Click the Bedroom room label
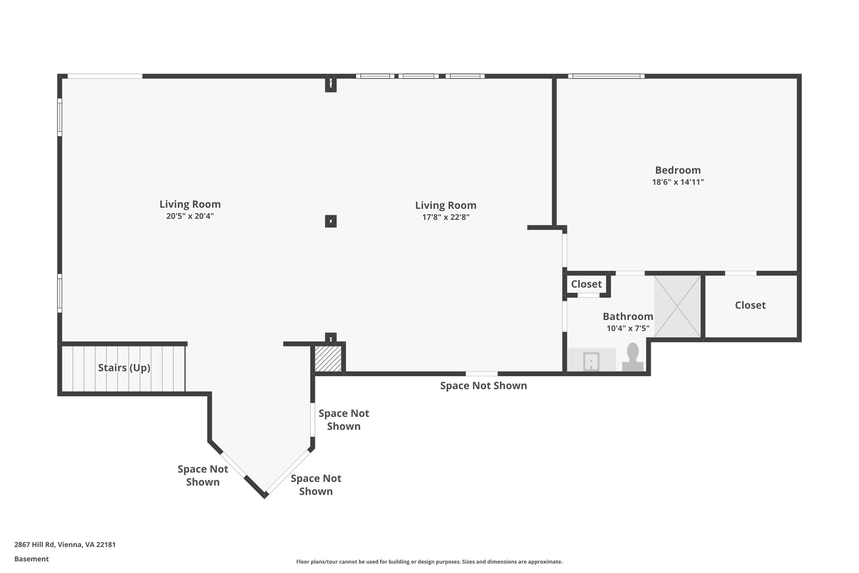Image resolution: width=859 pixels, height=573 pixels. point(678,170)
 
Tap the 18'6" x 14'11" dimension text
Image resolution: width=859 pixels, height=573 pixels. point(678,182)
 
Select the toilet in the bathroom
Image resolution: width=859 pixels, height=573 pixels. point(633,358)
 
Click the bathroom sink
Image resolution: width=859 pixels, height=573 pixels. point(591,361)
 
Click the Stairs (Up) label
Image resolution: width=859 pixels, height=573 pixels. point(124,368)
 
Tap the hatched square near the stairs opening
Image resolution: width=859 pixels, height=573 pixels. point(328,358)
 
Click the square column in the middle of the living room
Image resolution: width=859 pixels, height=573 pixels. point(331,221)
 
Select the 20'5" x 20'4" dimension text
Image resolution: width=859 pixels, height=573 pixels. point(190,216)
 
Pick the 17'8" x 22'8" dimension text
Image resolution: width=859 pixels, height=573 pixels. point(445,217)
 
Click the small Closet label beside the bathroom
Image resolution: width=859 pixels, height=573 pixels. point(586,284)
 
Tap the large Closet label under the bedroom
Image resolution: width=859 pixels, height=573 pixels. point(750,305)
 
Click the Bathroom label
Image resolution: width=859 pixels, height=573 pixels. point(628,317)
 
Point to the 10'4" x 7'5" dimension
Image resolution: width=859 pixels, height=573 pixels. point(628,328)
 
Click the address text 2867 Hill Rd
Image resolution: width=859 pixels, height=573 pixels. point(65,544)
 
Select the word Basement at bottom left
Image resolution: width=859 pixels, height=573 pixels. point(31,559)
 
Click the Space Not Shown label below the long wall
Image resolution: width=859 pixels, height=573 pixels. point(483,385)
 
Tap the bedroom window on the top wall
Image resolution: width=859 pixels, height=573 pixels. point(607,76)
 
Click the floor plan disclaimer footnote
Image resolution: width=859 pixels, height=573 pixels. point(429,562)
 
